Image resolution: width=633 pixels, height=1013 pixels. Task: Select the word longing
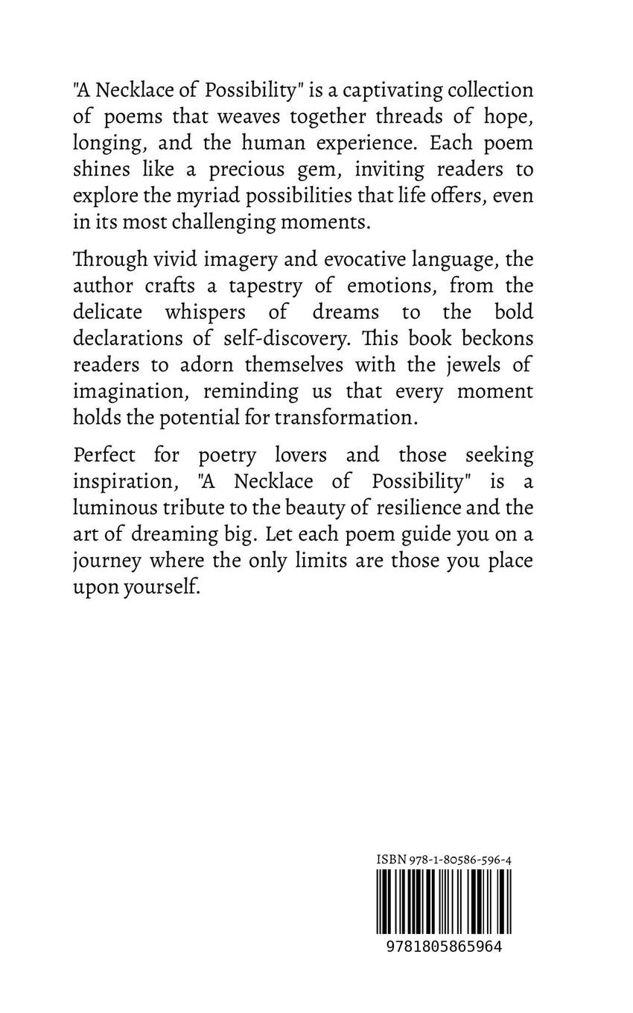click(x=106, y=143)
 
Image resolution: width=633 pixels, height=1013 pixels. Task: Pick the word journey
click(x=107, y=560)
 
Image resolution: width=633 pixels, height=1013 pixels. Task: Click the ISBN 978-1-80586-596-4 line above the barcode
click(x=443, y=860)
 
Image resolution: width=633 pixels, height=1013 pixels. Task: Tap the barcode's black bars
click(x=443, y=901)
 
